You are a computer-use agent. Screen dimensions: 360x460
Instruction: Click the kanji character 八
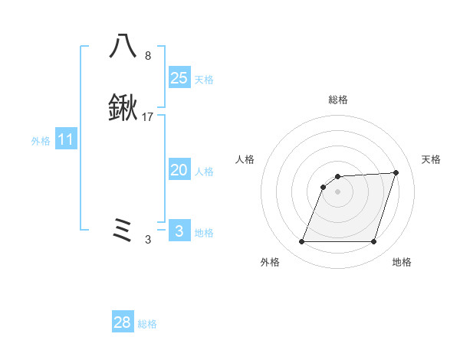[123, 46]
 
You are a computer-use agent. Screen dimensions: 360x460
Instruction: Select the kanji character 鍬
[123, 109]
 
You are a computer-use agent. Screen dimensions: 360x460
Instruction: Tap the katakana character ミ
[123, 230]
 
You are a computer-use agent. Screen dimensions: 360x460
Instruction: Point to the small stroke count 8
[148, 56]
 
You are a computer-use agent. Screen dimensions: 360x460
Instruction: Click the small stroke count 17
[148, 117]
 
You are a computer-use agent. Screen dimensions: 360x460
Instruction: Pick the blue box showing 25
[179, 77]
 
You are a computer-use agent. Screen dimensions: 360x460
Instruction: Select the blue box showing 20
[179, 170]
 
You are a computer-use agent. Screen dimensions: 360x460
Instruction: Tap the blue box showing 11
[66, 139]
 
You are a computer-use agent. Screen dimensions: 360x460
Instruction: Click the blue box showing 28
[123, 322]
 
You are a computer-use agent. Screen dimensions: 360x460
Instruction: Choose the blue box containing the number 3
[179, 231]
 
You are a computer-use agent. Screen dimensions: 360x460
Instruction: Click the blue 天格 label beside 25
[204, 79]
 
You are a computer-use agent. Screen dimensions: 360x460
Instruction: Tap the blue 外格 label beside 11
[41, 141]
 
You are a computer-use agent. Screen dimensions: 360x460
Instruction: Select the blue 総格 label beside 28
[147, 324]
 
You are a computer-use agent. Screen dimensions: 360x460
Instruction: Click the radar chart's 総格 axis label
[337, 100]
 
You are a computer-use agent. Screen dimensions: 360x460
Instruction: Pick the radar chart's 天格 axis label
[431, 159]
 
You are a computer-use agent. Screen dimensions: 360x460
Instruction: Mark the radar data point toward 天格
[396, 173]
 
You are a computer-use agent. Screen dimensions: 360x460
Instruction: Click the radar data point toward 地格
[373, 242]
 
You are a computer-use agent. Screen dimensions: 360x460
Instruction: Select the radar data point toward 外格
[301, 242]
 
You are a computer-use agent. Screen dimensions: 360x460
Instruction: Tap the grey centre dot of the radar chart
[337, 191]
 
